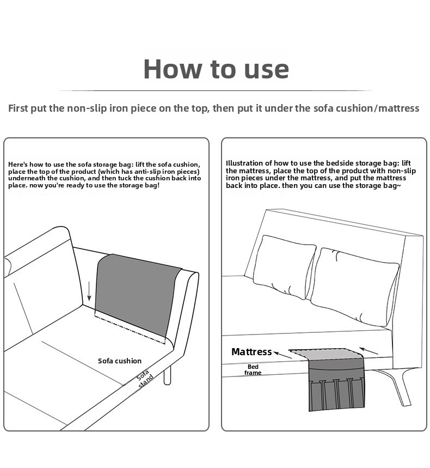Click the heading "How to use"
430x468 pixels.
click(216, 69)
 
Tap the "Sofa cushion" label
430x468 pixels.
click(120, 361)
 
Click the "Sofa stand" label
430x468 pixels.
click(145, 379)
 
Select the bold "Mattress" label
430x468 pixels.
click(251, 351)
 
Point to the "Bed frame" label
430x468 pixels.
click(253, 369)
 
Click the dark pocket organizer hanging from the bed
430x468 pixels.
click(336, 385)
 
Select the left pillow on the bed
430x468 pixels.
click(284, 266)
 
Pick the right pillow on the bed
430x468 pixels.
click(354, 287)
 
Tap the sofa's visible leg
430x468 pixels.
click(168, 375)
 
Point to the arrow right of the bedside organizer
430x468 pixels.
click(369, 351)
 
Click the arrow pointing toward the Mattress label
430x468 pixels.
click(282, 355)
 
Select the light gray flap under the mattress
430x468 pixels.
click(325, 354)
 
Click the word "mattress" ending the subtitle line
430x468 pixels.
click(399, 108)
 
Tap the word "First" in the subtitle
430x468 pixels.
click(18, 108)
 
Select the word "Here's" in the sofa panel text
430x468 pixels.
click(18, 165)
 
